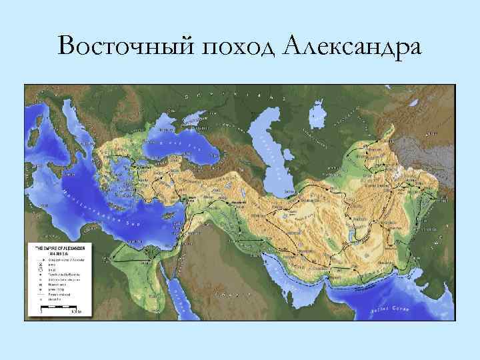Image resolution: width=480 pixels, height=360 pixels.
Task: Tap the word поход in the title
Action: pos(229,47)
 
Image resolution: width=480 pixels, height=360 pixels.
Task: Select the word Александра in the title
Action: pos(352,47)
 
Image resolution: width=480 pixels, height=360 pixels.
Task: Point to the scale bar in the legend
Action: pos(60,310)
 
